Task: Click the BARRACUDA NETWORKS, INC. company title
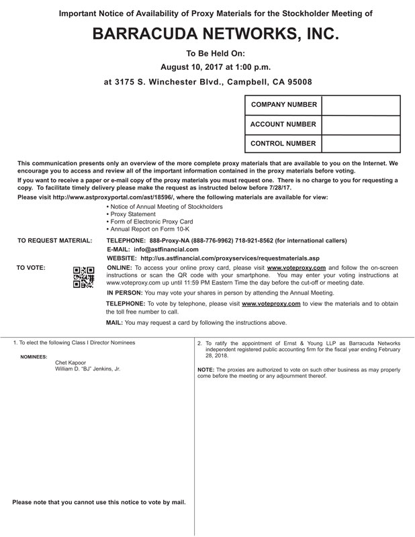[x=207, y=35]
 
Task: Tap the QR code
[x=83, y=277]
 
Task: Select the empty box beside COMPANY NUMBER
[x=361, y=105]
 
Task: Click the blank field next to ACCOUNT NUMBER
[x=361, y=125]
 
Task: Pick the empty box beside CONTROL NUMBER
[x=361, y=144]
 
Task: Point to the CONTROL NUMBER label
[x=283, y=144]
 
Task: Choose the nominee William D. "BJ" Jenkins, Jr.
[x=88, y=369]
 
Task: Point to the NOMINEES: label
[x=34, y=356]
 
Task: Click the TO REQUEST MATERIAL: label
[x=55, y=240]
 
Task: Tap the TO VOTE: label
[x=31, y=268]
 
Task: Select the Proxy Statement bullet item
[x=133, y=214]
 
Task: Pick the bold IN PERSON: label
[x=124, y=293]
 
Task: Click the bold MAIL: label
[x=114, y=323]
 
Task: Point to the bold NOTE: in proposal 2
[x=205, y=370]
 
